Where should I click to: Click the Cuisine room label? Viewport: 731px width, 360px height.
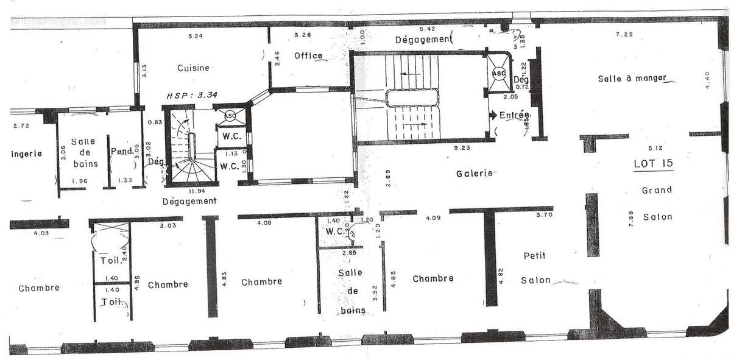tap(193, 68)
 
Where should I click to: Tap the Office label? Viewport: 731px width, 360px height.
tap(308, 55)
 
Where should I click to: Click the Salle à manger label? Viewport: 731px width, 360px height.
tap(632, 78)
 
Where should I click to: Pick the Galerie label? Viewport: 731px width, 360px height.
tap(475, 174)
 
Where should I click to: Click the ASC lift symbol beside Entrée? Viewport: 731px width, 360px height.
tap(498, 74)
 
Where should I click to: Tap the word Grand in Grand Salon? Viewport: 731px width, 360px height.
tap(657, 190)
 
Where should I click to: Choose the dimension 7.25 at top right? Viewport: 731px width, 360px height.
tap(624, 35)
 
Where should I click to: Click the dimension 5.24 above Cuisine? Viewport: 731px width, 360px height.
tap(195, 37)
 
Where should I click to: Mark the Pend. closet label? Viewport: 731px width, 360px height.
tap(122, 152)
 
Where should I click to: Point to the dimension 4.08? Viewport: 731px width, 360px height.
tap(264, 223)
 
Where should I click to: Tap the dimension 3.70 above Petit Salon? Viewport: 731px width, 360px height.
tap(543, 216)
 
